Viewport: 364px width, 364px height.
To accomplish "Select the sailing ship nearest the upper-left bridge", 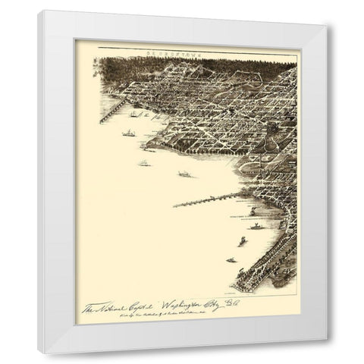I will [x=134, y=115].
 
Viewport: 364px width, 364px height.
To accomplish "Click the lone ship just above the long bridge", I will [x=183, y=174].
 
